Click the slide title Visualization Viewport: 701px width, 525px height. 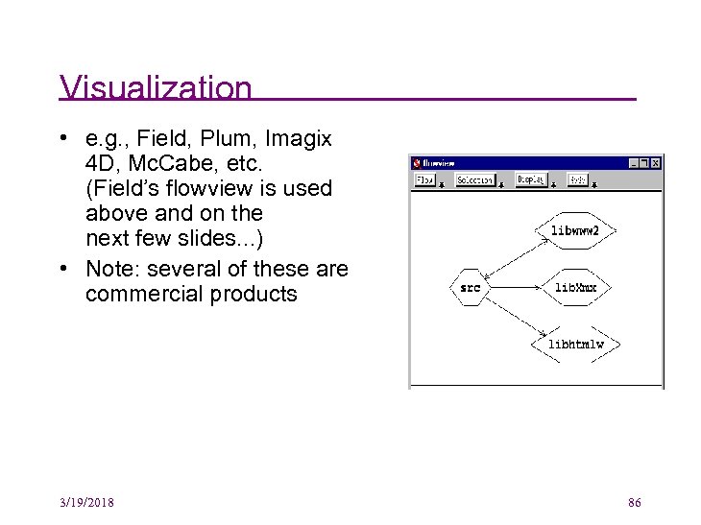[x=156, y=88]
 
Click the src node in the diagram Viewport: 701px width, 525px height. [x=470, y=287]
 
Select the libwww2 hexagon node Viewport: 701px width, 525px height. [x=574, y=230]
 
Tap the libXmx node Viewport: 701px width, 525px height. [x=575, y=287]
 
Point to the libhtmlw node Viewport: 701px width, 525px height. [x=575, y=344]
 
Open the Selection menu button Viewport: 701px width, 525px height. [x=474, y=179]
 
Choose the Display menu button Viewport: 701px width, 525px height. [x=530, y=179]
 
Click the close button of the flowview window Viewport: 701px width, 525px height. [x=656, y=163]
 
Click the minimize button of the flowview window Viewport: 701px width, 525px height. [x=632, y=163]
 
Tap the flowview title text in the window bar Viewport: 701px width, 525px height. [x=439, y=163]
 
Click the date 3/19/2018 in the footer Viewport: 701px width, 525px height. [x=86, y=503]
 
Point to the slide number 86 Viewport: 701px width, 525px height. [x=634, y=503]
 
